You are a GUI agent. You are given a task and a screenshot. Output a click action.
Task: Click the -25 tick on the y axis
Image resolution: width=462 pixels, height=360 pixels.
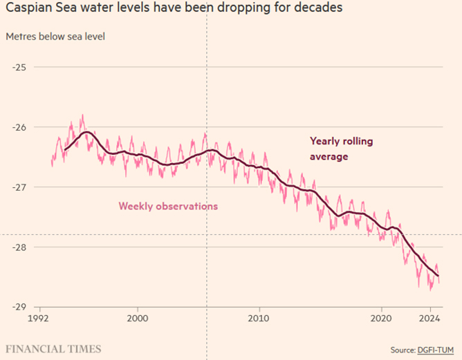(x=18, y=67)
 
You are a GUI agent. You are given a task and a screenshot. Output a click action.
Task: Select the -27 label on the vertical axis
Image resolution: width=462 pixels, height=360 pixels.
(x=18, y=187)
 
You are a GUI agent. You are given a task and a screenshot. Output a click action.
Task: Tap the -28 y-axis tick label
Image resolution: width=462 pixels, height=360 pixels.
(x=18, y=247)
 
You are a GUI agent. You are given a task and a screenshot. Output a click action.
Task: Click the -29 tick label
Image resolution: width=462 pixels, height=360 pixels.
(x=18, y=307)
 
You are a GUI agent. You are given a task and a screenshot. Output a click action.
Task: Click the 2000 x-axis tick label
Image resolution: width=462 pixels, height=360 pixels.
(x=138, y=319)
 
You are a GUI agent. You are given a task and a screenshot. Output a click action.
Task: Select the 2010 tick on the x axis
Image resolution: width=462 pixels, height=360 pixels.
(x=259, y=319)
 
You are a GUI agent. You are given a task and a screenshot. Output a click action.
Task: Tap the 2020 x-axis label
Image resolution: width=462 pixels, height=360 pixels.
(x=381, y=319)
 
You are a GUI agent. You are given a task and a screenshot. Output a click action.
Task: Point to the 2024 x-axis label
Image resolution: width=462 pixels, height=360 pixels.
(x=430, y=319)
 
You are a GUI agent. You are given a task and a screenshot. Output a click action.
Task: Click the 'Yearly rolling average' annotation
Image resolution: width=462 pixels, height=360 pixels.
(x=341, y=149)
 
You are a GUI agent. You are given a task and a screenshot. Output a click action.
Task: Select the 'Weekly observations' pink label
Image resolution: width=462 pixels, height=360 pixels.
(x=168, y=206)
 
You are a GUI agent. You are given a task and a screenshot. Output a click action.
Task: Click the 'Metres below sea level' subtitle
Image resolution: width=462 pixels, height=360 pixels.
(x=55, y=36)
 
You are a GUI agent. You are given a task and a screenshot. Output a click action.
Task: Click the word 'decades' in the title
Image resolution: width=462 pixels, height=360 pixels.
(x=320, y=10)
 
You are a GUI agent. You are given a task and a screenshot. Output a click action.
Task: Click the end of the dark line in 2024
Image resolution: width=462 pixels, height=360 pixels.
(x=439, y=276)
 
